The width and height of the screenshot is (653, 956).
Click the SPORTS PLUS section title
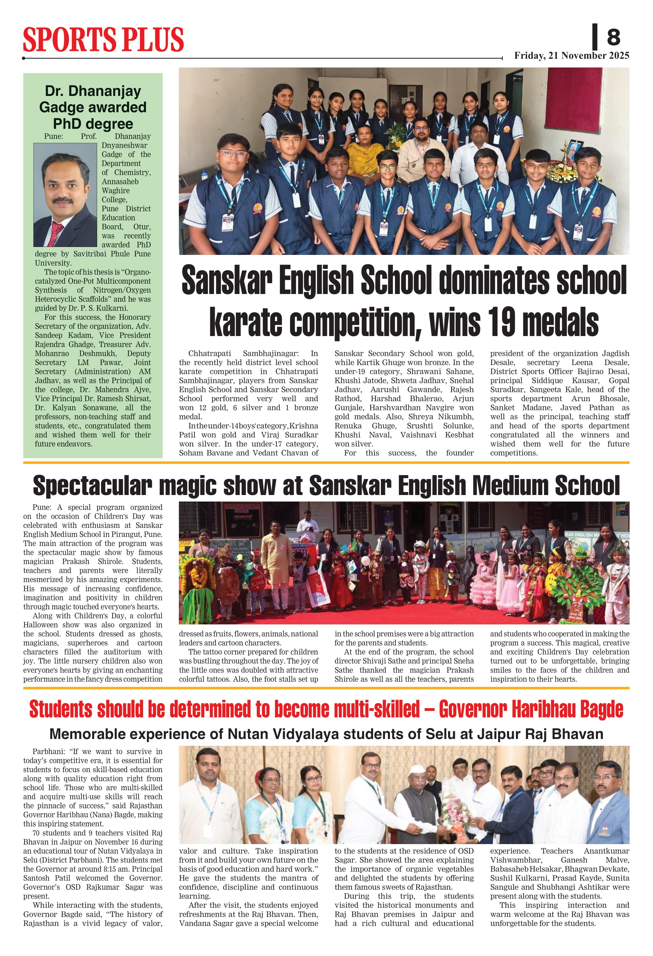(103, 40)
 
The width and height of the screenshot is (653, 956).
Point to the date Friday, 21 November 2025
(571, 56)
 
